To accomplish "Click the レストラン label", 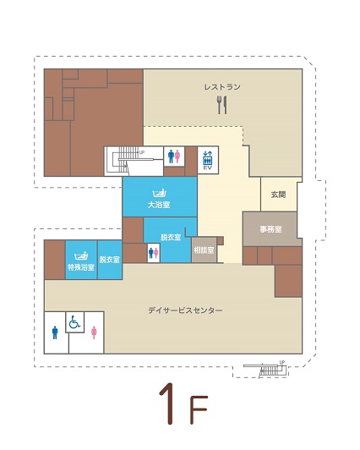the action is pos(222,86).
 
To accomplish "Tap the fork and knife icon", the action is pos(222,105).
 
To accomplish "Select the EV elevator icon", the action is pos(208,160).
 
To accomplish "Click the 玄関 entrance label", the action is pos(278,195).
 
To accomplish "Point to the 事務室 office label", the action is pos(271,229).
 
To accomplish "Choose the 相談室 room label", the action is pos(204,250).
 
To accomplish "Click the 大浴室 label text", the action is pos(159,205).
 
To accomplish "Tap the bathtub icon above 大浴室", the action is pos(160,194).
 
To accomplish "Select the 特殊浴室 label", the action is pos(81,267).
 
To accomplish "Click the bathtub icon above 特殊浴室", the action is pos(81,256).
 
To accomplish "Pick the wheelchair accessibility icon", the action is pos(74,322).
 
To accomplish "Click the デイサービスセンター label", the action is pos(185,310).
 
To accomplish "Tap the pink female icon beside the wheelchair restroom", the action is pos(94,332).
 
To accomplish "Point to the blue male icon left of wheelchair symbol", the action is pos(55,332).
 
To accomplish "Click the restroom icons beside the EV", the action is pos(174,156).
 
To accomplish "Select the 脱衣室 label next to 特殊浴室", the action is pos(110,260).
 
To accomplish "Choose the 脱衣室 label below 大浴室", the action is pos(171,238).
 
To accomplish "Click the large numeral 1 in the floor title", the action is pos(168,403).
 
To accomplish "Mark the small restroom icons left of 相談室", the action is pos(154,253).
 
